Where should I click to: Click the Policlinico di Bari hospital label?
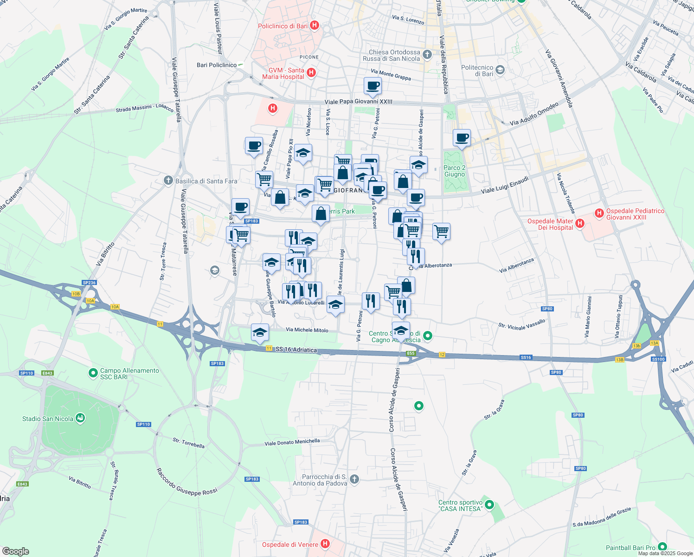[283, 26]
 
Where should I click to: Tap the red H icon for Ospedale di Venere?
[325, 544]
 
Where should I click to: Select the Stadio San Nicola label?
[48, 419]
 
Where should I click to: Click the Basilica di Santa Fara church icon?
[168, 181]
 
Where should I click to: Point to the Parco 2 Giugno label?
[454, 171]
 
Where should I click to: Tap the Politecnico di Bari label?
[477, 71]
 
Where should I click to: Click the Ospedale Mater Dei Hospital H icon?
[579, 224]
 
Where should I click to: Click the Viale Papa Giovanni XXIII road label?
[358, 102]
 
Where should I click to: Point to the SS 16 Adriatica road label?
[296, 350]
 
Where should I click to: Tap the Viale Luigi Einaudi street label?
[505, 185]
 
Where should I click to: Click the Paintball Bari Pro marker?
[662, 547]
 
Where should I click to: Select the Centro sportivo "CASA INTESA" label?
[460, 505]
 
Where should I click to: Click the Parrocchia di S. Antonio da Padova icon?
[354, 479]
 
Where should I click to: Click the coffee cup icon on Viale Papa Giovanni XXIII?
[373, 85]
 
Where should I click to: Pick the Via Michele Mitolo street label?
[307, 330]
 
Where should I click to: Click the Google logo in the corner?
[15, 551]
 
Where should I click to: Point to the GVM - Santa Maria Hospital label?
[283, 73]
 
